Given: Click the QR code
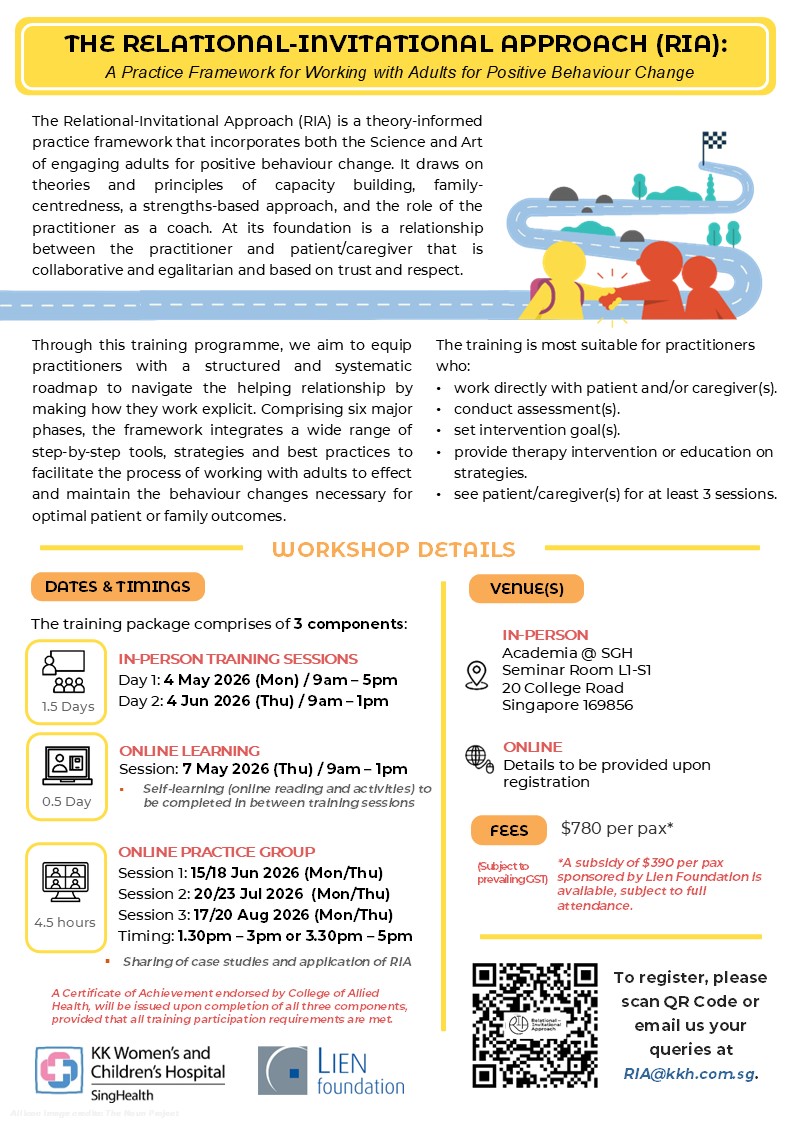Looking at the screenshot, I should coord(535,1025).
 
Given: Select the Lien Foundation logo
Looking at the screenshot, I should coord(332,1070).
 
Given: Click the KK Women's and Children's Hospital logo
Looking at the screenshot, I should coord(130,1070).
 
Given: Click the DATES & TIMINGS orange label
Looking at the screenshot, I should coord(118,587).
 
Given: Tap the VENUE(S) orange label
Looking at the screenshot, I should coord(526,588).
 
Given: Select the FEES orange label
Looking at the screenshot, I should coord(509,830).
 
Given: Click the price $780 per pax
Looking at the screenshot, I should coord(617,827).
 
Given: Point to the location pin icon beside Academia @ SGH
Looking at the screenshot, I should coord(476,676).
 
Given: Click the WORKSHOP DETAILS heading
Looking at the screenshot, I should coord(393,549).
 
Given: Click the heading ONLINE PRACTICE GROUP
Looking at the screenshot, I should coord(216,852).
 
